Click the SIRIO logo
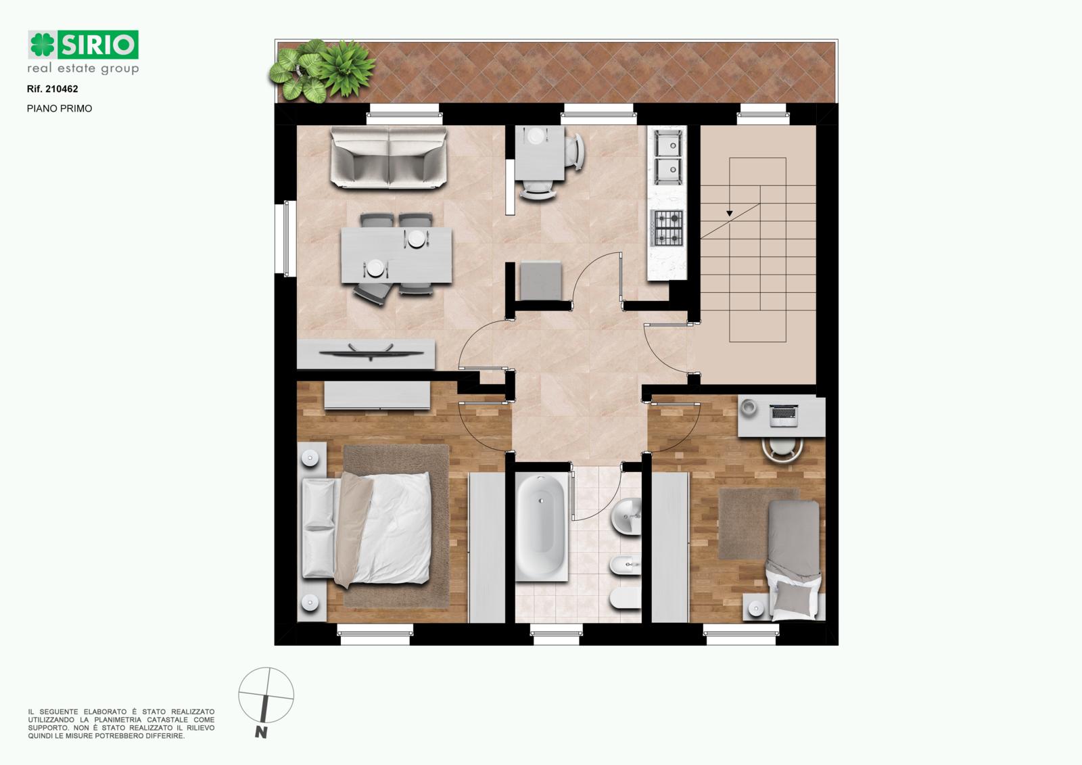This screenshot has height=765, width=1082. pyautogui.click(x=83, y=45)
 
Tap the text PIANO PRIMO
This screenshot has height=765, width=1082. pyautogui.click(x=60, y=109)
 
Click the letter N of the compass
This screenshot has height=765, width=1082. pyautogui.click(x=261, y=733)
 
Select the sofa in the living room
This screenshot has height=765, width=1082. pyautogui.click(x=389, y=157)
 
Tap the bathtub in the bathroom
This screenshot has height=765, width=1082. pyautogui.click(x=541, y=527)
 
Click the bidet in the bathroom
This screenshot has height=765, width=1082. pyautogui.click(x=626, y=565)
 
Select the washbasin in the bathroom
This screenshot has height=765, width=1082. pyautogui.click(x=626, y=517)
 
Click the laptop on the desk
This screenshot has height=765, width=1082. pyautogui.click(x=784, y=415)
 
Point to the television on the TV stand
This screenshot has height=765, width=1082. pyautogui.click(x=371, y=352)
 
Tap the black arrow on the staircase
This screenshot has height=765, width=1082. pyautogui.click(x=730, y=213)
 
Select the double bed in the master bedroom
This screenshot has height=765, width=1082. pyautogui.click(x=366, y=529)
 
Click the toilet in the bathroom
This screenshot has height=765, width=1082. pyautogui.click(x=626, y=599)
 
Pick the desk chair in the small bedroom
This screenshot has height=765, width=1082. pyautogui.click(x=782, y=449)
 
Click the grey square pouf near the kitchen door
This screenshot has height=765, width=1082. pyautogui.click(x=541, y=281)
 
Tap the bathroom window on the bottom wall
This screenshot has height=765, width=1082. pyautogui.click(x=557, y=634)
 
